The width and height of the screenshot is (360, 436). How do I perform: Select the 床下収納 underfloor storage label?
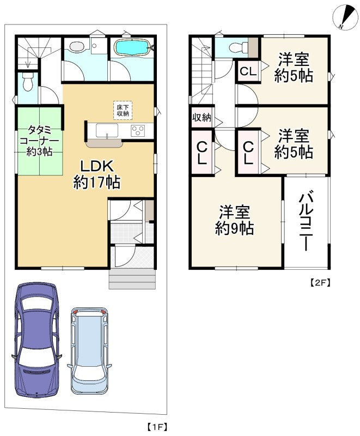pyautogui.click(x=123, y=110)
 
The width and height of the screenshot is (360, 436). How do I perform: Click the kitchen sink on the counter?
pyautogui.click(x=107, y=131)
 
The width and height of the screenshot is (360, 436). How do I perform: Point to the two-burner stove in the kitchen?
pyautogui.click(x=137, y=131)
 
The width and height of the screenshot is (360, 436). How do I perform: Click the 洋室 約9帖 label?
pyautogui.click(x=236, y=220)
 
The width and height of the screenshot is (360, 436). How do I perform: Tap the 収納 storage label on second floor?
pyautogui.click(x=201, y=118)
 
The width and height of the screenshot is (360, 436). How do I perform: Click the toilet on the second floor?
pyautogui.click(x=236, y=47)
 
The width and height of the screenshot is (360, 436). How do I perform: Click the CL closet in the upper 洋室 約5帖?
pyautogui.click(x=248, y=71)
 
